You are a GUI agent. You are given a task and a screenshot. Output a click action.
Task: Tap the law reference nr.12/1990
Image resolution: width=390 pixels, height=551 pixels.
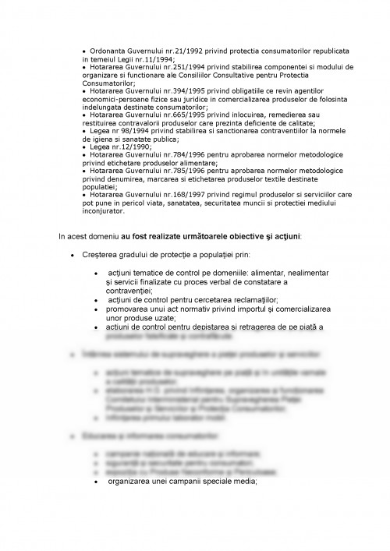coord(129,147)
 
